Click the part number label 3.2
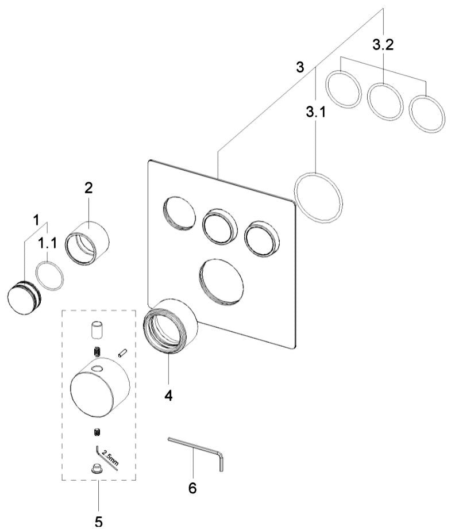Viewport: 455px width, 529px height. (x=383, y=46)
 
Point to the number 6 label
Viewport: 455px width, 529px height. (x=192, y=488)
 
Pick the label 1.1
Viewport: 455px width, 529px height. (x=48, y=244)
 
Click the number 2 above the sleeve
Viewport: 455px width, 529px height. (x=88, y=187)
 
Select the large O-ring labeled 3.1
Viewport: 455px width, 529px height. (x=318, y=196)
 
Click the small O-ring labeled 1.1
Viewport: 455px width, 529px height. (x=50, y=275)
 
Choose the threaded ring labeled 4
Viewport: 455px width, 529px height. (x=171, y=327)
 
